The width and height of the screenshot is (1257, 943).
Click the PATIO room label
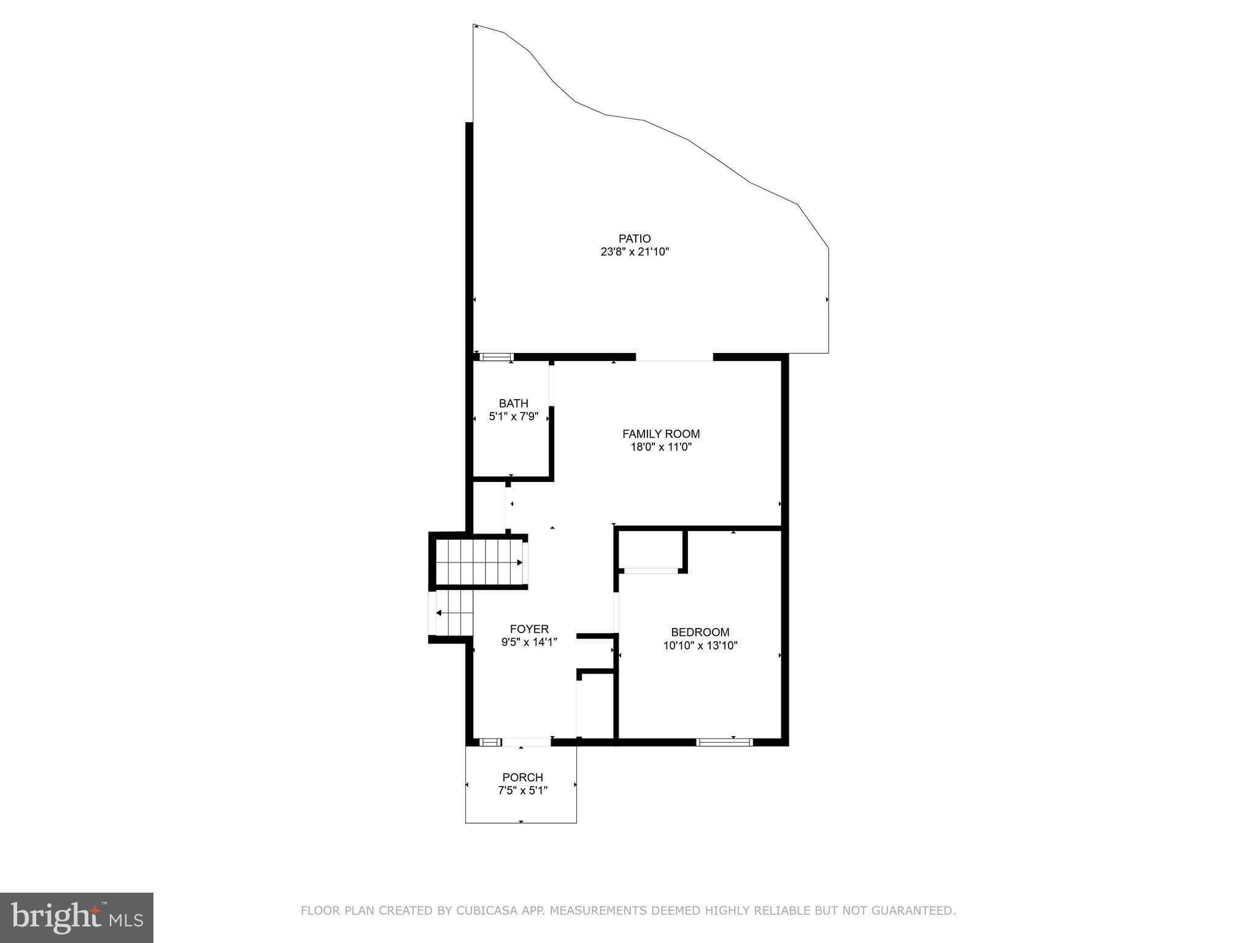point(634,238)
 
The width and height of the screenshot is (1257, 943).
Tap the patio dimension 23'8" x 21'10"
point(634,252)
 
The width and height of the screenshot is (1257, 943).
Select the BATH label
point(513,403)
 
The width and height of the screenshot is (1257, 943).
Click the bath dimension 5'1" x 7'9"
point(513,417)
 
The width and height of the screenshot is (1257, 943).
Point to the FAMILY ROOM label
point(660,433)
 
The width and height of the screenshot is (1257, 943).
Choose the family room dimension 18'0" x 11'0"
point(660,447)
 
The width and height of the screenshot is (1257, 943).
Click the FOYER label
point(529,629)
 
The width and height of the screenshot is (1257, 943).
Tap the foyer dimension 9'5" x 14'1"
point(529,642)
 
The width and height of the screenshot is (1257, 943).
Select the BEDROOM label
point(700,632)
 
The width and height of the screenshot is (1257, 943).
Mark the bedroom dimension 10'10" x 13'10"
point(700,645)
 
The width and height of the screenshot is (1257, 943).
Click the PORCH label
point(522,777)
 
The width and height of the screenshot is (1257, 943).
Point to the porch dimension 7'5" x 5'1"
point(522,791)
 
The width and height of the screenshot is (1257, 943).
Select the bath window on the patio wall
point(495,357)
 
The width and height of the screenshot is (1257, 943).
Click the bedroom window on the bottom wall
point(724,742)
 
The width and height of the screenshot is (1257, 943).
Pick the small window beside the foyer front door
point(489,742)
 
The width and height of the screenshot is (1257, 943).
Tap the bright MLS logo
point(77,917)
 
